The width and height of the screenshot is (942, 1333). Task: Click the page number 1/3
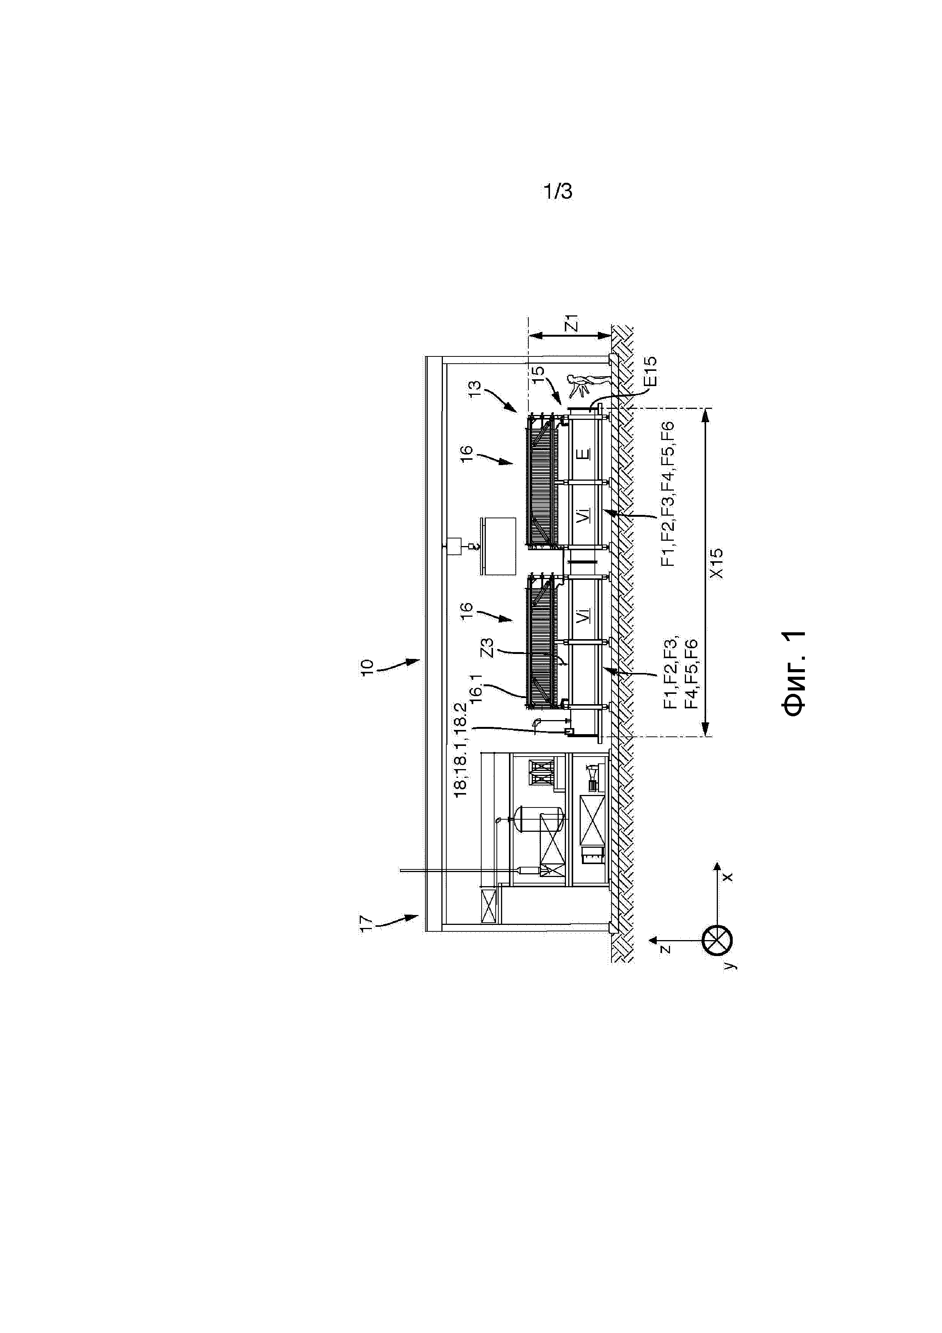[x=558, y=191]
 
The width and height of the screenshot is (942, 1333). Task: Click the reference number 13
[x=475, y=388]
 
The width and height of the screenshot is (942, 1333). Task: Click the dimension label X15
[x=718, y=563]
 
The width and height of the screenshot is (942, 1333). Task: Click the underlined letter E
[x=584, y=453]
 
